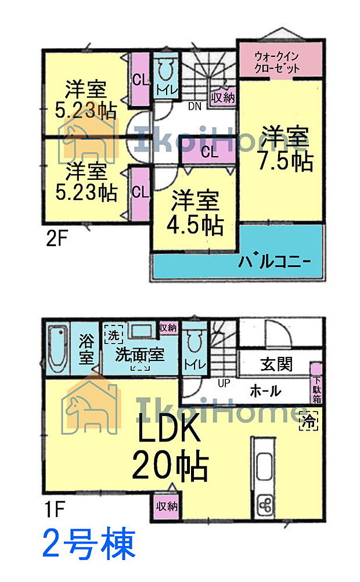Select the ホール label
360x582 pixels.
[265, 391]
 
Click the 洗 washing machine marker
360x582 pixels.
[111, 335]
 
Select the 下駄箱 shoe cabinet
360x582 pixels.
[317, 384]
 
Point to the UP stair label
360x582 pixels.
[224, 384]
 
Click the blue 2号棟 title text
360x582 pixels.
[89, 545]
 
